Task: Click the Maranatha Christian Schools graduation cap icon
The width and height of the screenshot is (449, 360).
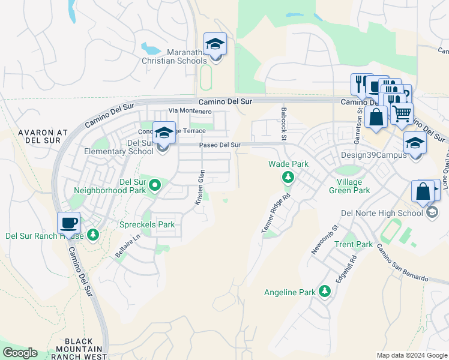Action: pyautogui.click(x=215, y=44)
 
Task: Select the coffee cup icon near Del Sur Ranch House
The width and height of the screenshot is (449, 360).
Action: pyautogui.click(x=69, y=223)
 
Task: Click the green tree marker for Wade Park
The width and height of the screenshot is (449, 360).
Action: pyautogui.click(x=288, y=177)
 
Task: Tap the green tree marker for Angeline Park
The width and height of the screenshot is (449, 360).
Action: pyautogui.click(x=325, y=292)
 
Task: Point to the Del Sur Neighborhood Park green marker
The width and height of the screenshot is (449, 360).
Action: pyautogui.click(x=154, y=185)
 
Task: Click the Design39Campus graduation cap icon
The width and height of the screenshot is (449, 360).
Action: pyautogui.click(x=414, y=143)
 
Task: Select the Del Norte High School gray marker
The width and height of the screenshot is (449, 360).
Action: pyautogui.click(x=432, y=212)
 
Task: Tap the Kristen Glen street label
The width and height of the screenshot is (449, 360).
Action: pyautogui.click(x=200, y=188)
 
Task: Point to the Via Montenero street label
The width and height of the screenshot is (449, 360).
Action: pyautogui.click(x=190, y=111)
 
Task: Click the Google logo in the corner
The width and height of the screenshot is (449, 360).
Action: pyautogui.click(x=20, y=353)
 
